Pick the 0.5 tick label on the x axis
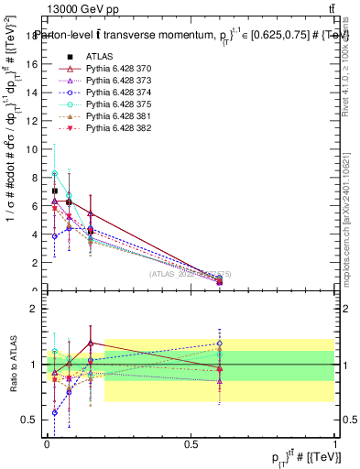pos(191,443)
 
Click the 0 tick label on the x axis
pos(48,443)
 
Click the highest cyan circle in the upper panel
pos(55,173)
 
